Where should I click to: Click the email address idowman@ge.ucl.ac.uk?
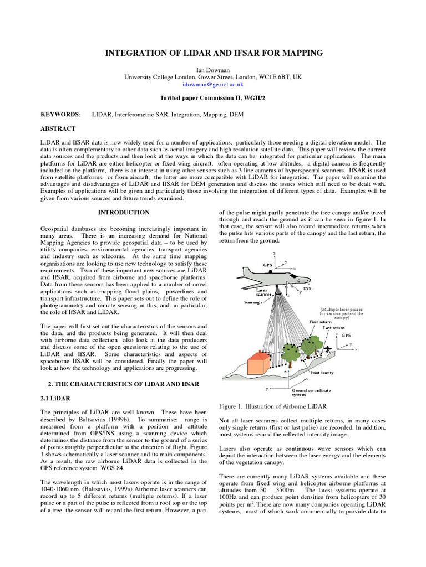tap(212, 85)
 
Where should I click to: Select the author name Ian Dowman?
tap(212, 70)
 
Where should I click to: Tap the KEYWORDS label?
tap(60, 114)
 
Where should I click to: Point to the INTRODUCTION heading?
tap(124, 212)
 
